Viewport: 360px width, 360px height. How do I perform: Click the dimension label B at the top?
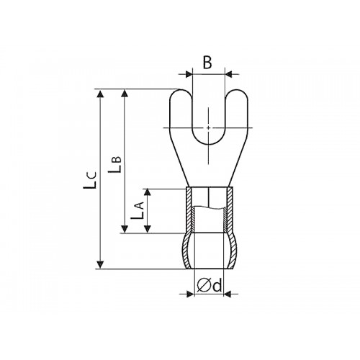coord(207,63)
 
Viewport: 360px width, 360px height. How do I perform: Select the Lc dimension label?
coord(90,180)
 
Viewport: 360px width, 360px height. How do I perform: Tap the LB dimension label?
coord(115,165)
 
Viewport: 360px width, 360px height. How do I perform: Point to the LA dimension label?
coord(138,210)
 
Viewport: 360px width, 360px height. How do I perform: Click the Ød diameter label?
coord(209,286)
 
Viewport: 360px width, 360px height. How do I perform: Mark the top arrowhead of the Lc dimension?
coord(101,94)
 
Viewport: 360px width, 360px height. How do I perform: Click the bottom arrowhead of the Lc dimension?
coord(101,265)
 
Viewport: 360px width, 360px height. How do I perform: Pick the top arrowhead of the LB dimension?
coord(124,94)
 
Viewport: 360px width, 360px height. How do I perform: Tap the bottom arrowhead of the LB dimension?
coord(124,229)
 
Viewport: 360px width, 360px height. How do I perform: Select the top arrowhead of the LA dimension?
coord(148,193)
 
